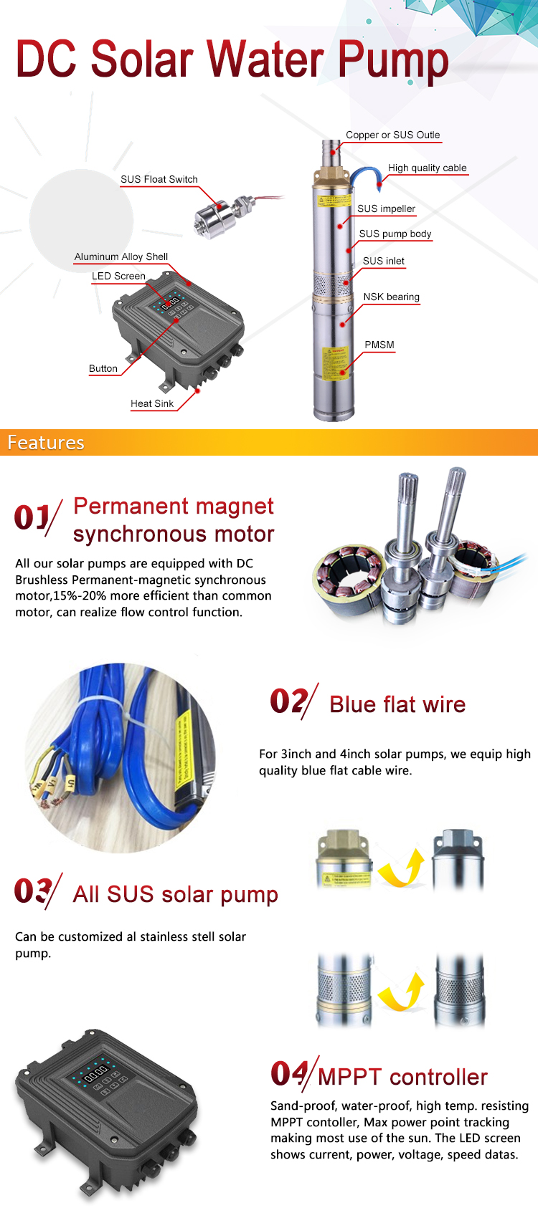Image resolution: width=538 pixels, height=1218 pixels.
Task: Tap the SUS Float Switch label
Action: coord(159,179)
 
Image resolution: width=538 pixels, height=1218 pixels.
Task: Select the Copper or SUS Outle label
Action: coord(392,135)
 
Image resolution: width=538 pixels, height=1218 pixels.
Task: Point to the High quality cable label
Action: coord(427,168)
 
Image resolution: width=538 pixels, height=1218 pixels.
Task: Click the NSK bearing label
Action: coord(392,297)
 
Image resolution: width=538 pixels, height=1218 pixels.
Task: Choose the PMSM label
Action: coord(379,345)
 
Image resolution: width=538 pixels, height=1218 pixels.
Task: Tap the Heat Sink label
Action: coord(152,403)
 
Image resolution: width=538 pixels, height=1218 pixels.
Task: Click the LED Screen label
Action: coord(118,277)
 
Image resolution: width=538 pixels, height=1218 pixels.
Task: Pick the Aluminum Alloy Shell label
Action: coord(121,256)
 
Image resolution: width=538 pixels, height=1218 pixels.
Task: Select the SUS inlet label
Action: coord(383,261)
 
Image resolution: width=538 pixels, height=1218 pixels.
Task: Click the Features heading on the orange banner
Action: coord(46,443)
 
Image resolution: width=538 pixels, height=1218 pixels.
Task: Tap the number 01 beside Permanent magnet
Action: coord(32,517)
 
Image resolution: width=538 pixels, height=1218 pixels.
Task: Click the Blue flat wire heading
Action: coord(397,705)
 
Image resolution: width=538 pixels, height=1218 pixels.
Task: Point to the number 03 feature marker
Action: coord(33,891)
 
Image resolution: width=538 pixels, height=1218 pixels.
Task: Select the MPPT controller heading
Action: coord(402,1077)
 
